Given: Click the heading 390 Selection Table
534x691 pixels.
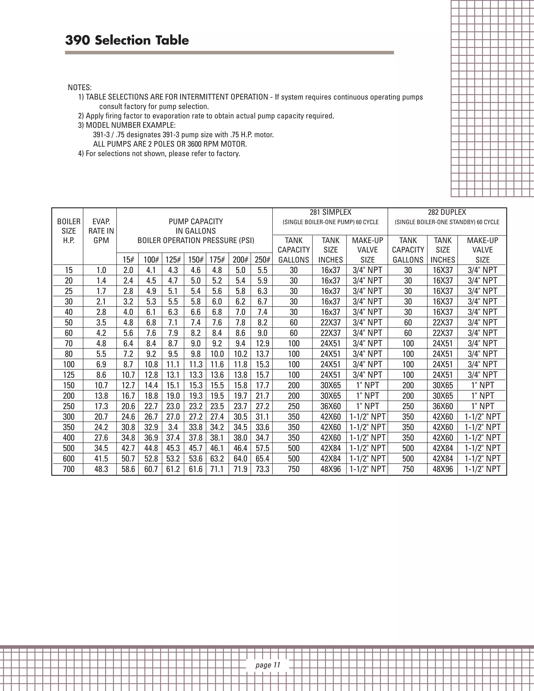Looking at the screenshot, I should point(127,40).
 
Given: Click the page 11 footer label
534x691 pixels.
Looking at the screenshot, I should point(268,665).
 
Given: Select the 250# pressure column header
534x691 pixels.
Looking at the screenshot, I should point(262,260).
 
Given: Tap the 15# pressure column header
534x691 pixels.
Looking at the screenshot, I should point(128,260).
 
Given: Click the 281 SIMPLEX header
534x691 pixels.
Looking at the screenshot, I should point(330,212).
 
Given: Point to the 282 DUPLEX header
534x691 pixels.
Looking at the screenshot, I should point(447,212).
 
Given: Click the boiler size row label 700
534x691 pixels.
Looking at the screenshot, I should point(69,469).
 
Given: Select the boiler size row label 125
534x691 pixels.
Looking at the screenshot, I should point(69,375).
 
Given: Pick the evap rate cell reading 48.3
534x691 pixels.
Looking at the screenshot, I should point(101,469).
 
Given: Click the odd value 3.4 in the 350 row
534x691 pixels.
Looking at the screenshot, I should point(173,427).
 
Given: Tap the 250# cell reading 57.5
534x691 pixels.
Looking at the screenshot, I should point(262,448).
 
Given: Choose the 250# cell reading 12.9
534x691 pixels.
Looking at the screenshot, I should point(262,343).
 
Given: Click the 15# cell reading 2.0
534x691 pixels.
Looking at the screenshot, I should point(128,270).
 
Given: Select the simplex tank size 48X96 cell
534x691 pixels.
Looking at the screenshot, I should point(330,469).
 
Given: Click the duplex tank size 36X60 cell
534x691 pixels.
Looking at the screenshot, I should point(442,406).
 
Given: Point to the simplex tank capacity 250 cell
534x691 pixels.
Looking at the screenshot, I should point(294,406).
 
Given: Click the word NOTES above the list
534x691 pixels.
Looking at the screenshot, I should point(80,87).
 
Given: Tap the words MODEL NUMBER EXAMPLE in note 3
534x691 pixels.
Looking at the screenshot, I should point(131,125).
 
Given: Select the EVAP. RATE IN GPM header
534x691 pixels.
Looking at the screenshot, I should point(101,231).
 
